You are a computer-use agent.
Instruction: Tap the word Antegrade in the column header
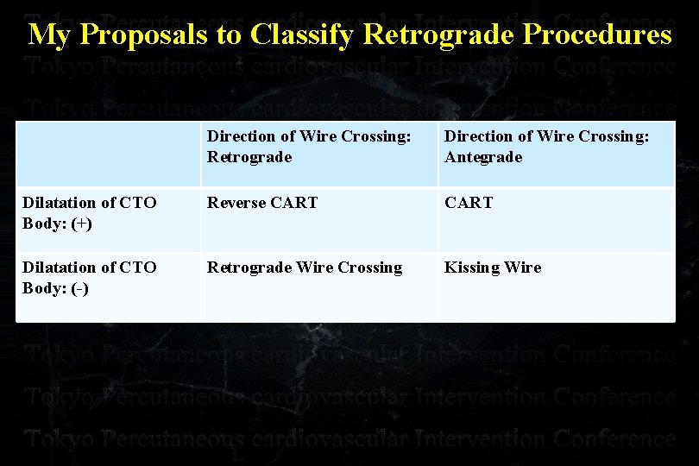(x=483, y=157)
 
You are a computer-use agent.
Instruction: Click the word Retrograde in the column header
(x=249, y=157)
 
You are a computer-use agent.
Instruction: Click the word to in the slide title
(x=230, y=35)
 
